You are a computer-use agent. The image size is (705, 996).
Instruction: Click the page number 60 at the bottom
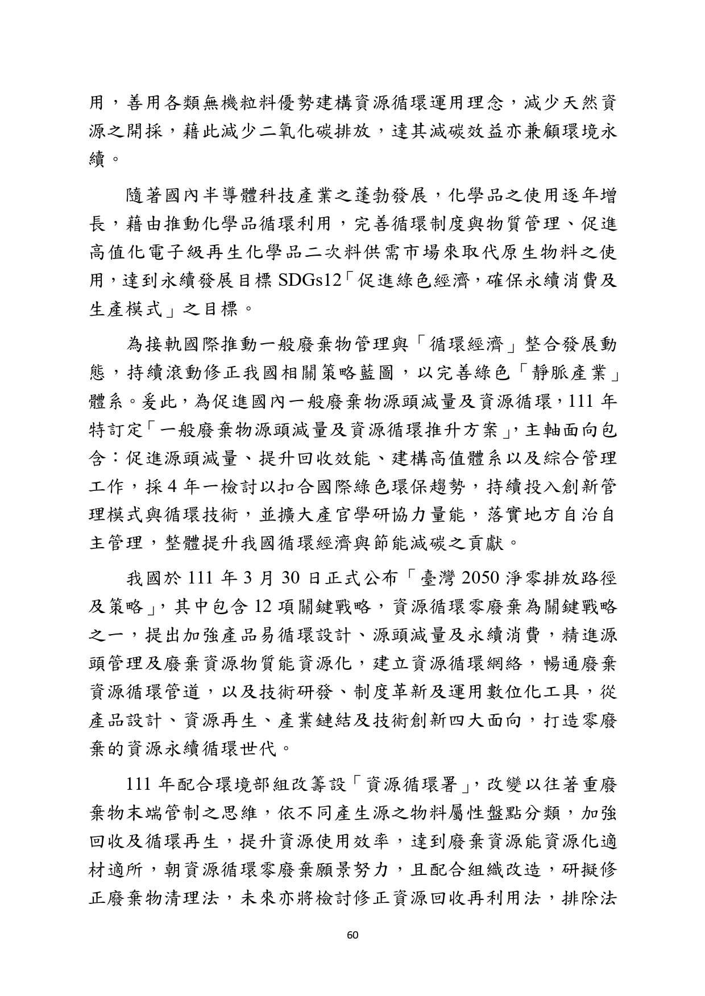(x=352, y=936)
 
